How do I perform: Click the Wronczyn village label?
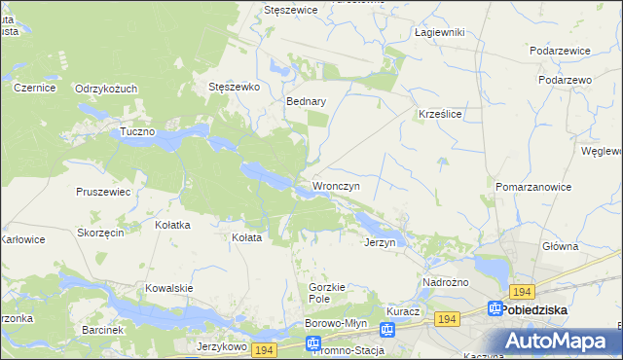point(336,185)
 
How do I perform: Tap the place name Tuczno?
point(137,131)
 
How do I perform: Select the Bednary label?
point(306,100)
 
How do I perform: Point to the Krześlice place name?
point(439,114)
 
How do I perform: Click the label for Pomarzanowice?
point(532,185)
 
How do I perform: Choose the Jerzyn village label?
point(380,242)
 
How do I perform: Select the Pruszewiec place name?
point(103,192)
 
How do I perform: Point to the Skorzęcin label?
point(101,234)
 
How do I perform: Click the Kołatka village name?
point(173,225)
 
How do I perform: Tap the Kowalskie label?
point(169,288)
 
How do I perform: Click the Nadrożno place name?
point(446,282)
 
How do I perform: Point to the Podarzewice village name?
point(561,51)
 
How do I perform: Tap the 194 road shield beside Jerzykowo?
point(264,348)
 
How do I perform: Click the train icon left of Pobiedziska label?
point(493,310)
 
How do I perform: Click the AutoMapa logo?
point(556,342)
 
